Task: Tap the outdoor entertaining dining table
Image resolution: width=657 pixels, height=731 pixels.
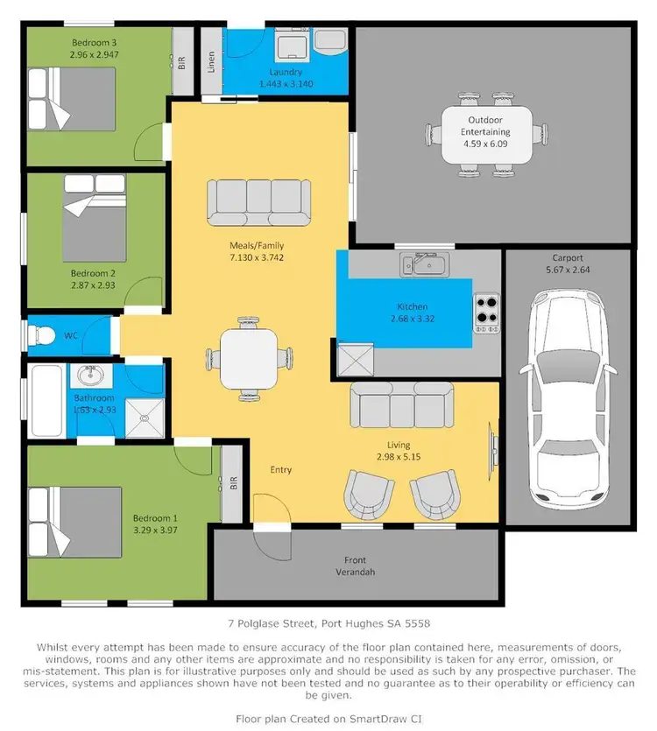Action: point(486,135)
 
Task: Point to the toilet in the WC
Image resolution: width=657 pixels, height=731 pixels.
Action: point(43,334)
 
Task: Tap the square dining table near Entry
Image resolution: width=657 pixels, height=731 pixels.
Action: point(250,358)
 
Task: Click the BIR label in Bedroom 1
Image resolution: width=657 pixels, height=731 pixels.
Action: point(233,482)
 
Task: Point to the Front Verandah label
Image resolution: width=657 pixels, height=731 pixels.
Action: point(355,566)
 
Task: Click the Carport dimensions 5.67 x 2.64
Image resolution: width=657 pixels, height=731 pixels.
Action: point(568,271)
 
